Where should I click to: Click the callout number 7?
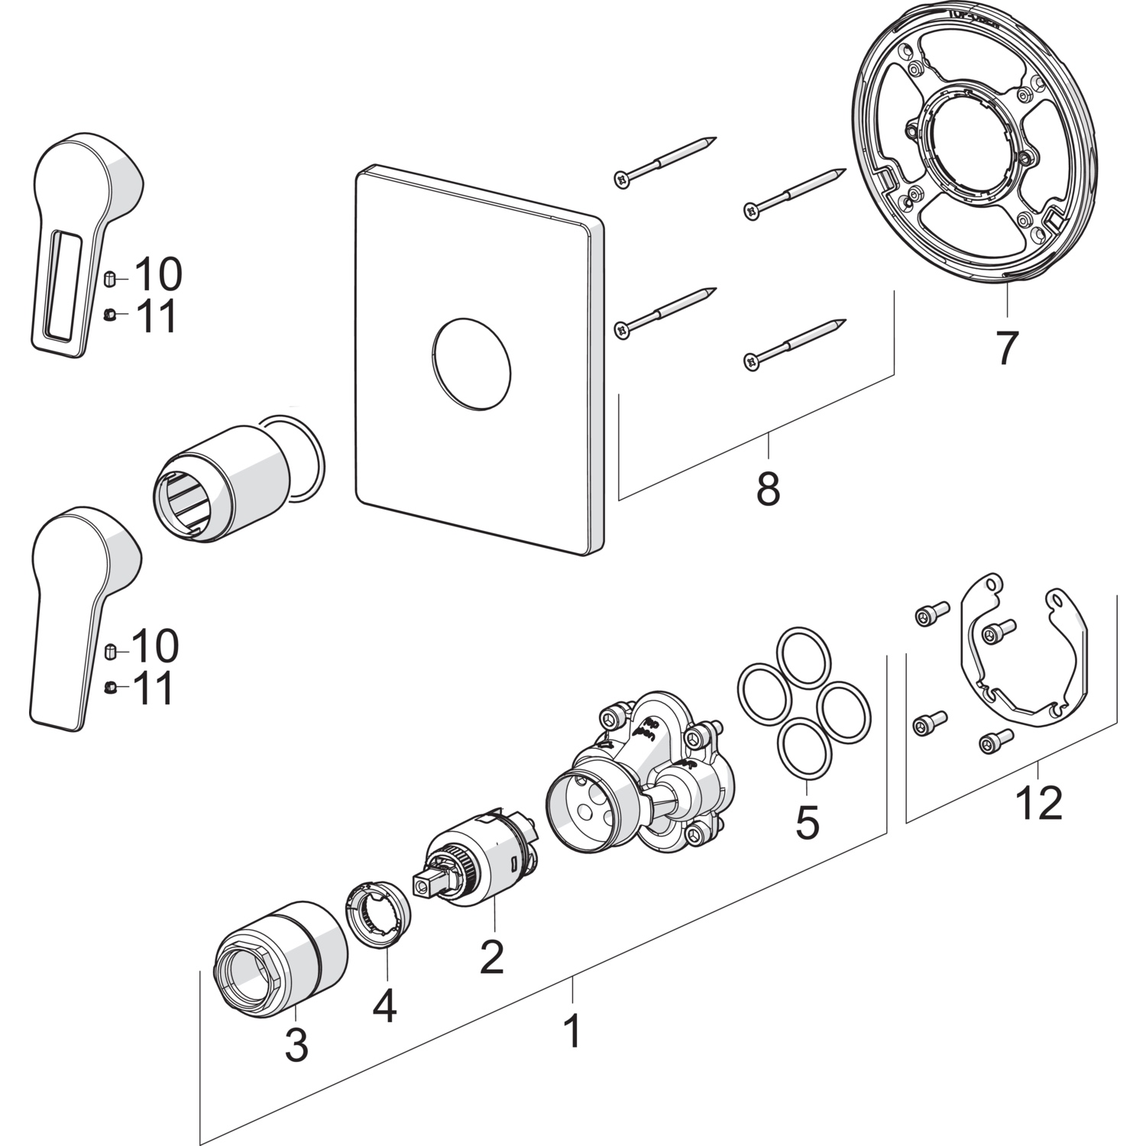point(1006,348)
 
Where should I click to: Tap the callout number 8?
point(768,488)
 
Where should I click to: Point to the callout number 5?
point(807,821)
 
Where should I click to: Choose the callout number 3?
point(296,1044)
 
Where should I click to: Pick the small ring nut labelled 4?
point(378,915)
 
